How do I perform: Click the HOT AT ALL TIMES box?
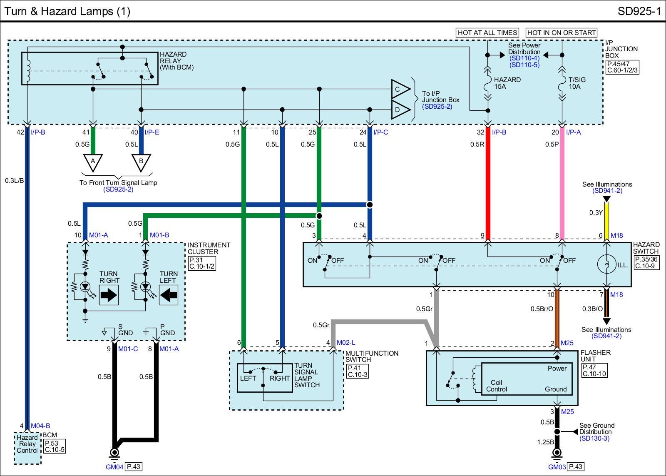[x=487, y=32]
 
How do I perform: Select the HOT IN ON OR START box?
[x=561, y=32]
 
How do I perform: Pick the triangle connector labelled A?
[x=93, y=162]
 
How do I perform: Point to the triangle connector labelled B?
[x=141, y=162]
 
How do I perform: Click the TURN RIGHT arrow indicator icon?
[x=109, y=295]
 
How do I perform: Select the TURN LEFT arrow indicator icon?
[x=169, y=295]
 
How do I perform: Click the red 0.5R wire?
[x=488, y=183]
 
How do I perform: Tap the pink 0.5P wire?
[x=562, y=183]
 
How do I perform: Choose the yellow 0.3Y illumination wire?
[x=606, y=221]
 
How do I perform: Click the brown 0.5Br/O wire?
[x=557, y=317]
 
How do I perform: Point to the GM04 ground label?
[x=114, y=467]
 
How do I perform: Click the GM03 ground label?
[x=557, y=467]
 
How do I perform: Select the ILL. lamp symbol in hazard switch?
[x=606, y=264]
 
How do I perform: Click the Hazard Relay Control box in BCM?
[x=27, y=444]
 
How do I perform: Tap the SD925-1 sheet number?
[x=639, y=11]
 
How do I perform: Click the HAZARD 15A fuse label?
[x=507, y=83]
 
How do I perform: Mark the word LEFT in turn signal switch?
[x=248, y=379]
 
